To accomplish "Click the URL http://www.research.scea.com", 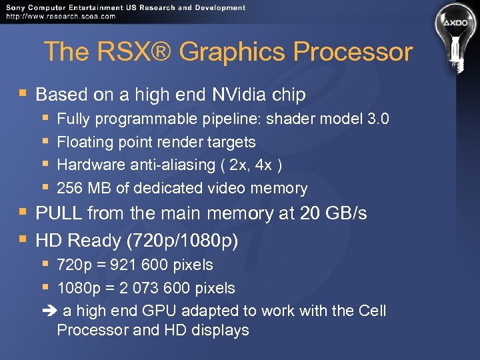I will [60, 16].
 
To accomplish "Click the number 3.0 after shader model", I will [378, 119].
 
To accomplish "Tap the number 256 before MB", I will [70, 189].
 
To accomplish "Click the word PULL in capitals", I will [59, 213].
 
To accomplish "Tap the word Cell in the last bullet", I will [372, 311].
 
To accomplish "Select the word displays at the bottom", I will [219, 330].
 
